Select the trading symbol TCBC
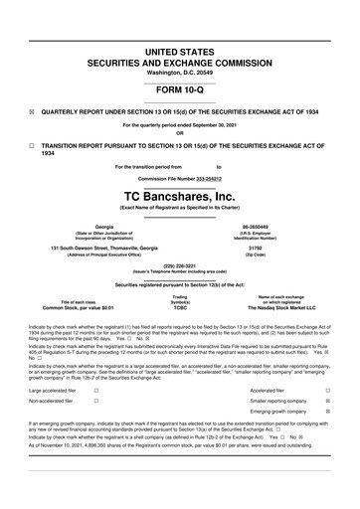179,308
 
